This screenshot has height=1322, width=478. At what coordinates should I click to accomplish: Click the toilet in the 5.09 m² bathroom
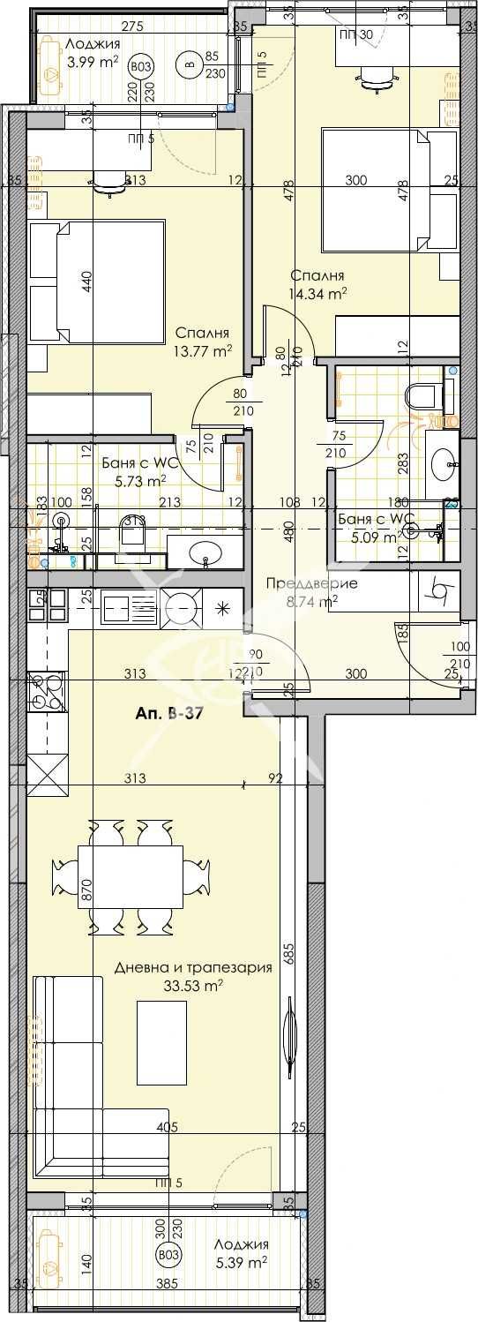(420, 394)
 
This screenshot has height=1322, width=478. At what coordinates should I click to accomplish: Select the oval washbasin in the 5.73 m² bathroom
(208, 553)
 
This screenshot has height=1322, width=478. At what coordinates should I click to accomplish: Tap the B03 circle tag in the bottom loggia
(166, 1256)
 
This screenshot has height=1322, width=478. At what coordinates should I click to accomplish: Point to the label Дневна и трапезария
(193, 967)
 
